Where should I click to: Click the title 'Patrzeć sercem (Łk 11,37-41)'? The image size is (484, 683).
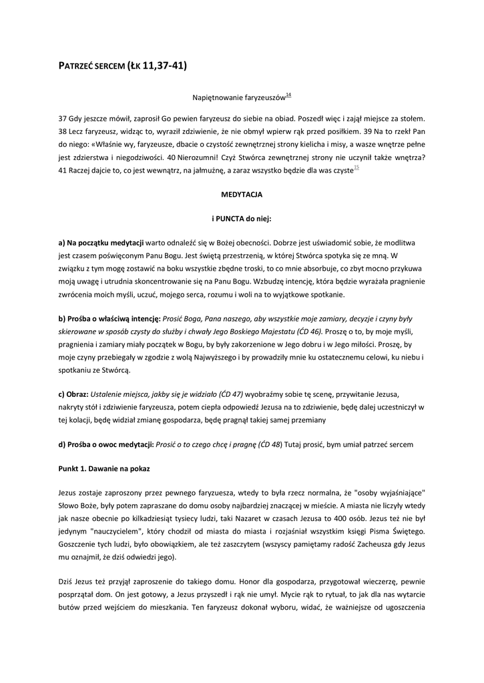coord(123,65)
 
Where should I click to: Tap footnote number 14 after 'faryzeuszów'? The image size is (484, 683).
coord(288,95)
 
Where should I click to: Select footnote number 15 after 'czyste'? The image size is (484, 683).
coord(356,167)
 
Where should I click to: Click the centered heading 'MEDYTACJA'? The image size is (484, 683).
coord(242,195)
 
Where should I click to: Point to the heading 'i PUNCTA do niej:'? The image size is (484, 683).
coord(242,218)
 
